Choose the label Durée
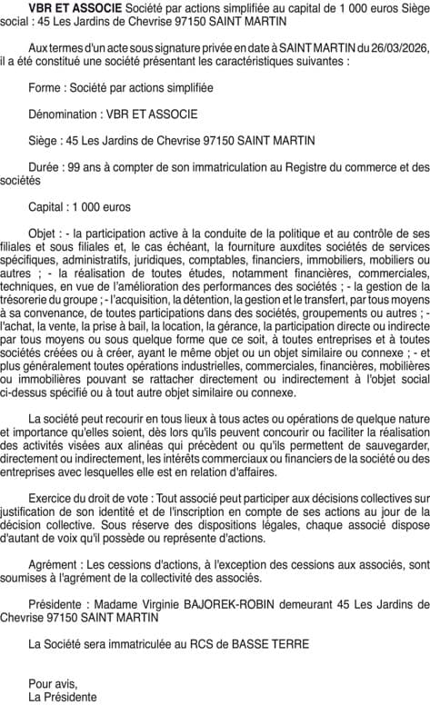(47, 167)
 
